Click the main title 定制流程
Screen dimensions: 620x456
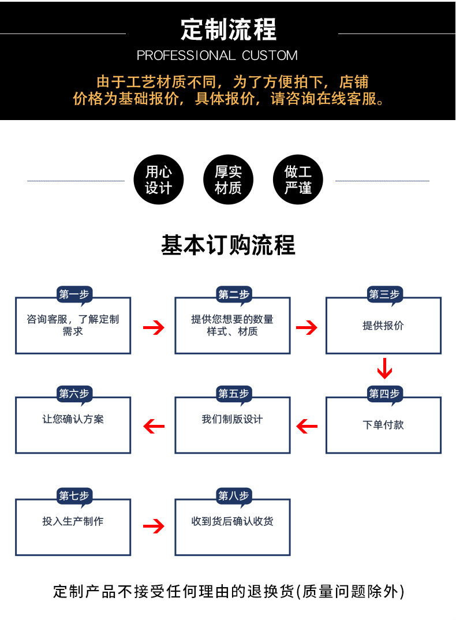(x=229, y=29)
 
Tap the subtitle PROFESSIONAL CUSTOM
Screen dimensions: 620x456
(x=217, y=56)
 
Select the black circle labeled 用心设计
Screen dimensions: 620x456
(x=158, y=179)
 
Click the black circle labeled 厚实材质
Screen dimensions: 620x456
(x=228, y=179)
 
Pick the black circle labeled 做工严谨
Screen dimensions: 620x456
(x=298, y=179)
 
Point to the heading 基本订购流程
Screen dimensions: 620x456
(x=228, y=245)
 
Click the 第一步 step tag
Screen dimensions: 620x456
(x=74, y=295)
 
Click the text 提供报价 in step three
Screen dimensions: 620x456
(x=383, y=326)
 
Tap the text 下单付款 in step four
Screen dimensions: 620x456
(x=383, y=425)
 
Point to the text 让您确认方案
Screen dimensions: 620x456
(x=73, y=419)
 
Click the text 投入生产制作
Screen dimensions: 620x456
(x=73, y=521)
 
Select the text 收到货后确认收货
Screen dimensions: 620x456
(x=233, y=521)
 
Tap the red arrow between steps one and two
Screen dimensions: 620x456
(x=154, y=328)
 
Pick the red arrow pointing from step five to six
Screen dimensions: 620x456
(x=154, y=427)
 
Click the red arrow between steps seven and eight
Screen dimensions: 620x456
(x=154, y=526)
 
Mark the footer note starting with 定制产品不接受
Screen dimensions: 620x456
(x=229, y=592)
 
